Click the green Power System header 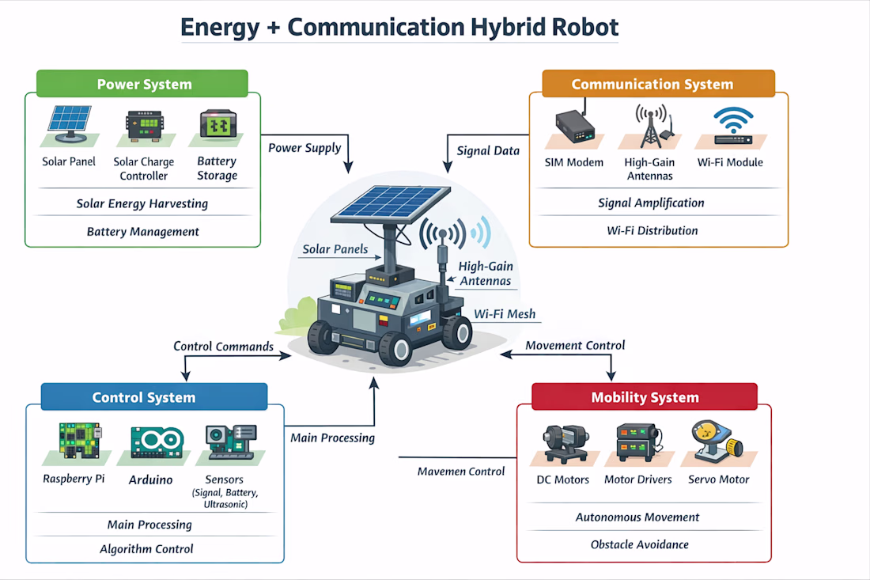click(x=142, y=84)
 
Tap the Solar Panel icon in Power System click(x=70, y=124)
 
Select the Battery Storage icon click(x=218, y=124)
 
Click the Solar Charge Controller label click(x=144, y=169)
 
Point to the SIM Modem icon click(x=575, y=127)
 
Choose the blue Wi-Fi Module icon click(x=733, y=126)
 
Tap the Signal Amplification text click(x=651, y=203)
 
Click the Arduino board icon click(x=157, y=442)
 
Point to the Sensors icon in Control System click(x=230, y=442)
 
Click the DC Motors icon click(x=565, y=443)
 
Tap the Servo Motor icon click(x=717, y=442)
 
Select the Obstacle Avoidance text click(x=639, y=544)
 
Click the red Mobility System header click(x=644, y=397)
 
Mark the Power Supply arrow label click(x=304, y=148)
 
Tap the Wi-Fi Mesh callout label click(x=505, y=313)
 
